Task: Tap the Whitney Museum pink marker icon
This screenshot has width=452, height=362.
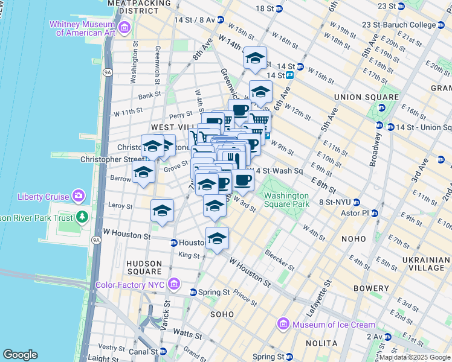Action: pyautogui.click(x=125, y=27)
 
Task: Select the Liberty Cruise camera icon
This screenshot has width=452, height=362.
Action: pyautogui.click(x=79, y=196)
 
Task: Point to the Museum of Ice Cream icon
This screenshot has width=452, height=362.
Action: pyautogui.click(x=283, y=325)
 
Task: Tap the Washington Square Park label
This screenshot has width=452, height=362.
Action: pyautogui.click(x=286, y=200)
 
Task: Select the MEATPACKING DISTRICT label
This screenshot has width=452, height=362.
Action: pyautogui.click(x=137, y=7)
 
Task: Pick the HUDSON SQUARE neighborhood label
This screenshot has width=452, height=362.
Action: pyautogui.click(x=144, y=268)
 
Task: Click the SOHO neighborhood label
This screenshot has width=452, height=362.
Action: pyautogui.click(x=222, y=314)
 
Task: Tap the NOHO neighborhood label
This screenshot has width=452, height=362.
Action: pyautogui.click(x=353, y=239)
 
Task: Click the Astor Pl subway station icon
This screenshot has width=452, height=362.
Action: pyautogui.click(x=375, y=214)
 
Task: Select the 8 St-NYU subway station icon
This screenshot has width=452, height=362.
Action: pyautogui.click(x=357, y=202)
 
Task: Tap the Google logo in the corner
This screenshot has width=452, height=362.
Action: pyautogui.click(x=20, y=355)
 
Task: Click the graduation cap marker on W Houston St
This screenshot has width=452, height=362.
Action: pyautogui.click(x=217, y=238)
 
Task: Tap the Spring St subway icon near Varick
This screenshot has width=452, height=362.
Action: pyautogui.click(x=193, y=292)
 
